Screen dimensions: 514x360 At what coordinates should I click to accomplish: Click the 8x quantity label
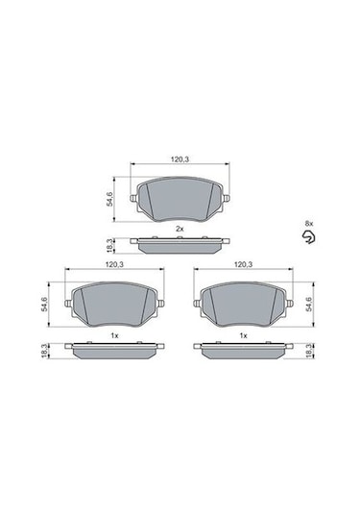coord(308,223)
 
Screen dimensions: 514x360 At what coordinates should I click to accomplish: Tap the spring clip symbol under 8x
coord(307,237)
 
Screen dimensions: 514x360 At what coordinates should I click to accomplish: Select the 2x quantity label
coord(180,228)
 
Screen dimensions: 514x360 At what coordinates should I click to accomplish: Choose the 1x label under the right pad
coord(244,334)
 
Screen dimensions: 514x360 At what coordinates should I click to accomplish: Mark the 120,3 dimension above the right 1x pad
coord(244,264)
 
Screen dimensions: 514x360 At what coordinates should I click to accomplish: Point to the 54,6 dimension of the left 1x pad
coord(44,303)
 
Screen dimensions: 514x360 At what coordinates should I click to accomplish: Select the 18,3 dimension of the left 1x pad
coord(44,351)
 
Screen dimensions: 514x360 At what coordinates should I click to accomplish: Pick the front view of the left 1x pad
coord(113,305)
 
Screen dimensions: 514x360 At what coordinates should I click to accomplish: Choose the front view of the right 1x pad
coord(244,305)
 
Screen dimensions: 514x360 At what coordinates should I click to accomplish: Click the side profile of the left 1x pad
coord(113,350)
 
